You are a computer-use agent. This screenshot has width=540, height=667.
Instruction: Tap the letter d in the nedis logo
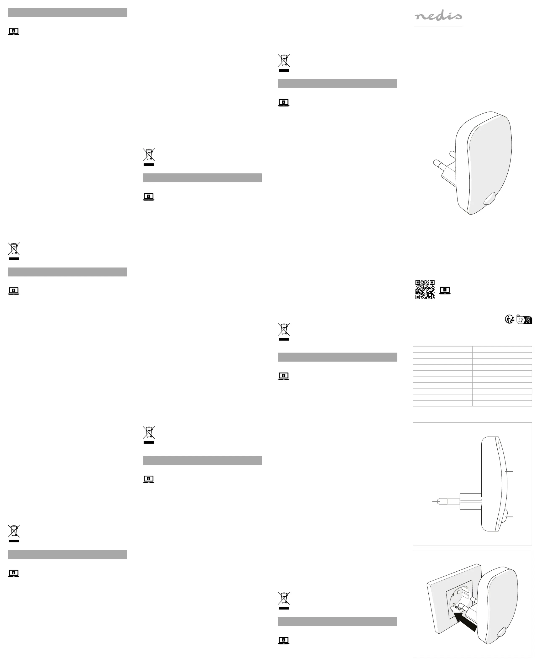442,15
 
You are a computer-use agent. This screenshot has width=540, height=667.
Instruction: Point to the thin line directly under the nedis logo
438,26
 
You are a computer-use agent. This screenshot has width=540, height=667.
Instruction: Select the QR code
425,289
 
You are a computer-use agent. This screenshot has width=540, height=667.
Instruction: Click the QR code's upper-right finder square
432,283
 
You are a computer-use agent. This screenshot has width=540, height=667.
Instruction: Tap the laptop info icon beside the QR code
445,290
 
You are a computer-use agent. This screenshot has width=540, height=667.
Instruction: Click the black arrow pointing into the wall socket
465,622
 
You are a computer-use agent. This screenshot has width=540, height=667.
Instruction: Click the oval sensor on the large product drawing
490,198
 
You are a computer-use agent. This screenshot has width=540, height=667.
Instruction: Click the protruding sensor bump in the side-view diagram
504,516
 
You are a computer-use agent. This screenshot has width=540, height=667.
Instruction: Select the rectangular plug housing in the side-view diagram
470,501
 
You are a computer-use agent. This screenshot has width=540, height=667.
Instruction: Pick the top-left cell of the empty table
443,349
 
